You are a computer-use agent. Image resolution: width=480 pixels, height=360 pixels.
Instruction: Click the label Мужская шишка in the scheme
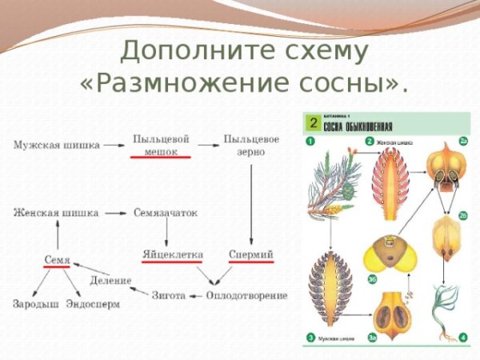[56, 145]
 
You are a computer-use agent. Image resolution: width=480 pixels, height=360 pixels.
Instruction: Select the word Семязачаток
[165, 213]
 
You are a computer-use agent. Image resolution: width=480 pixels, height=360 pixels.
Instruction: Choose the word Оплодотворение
[246, 295]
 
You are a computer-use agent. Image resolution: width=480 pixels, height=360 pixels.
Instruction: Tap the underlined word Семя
[57, 260]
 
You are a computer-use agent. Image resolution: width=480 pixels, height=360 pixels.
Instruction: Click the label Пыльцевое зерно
[251, 145]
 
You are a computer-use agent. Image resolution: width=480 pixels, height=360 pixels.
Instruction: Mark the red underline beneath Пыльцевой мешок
[161, 158]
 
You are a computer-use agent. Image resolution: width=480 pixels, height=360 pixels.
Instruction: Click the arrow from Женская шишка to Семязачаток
[117, 213]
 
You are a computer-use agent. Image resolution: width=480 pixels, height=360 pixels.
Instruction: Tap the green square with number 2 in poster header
[314, 124]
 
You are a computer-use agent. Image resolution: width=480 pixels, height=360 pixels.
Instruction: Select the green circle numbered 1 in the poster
[309, 142]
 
